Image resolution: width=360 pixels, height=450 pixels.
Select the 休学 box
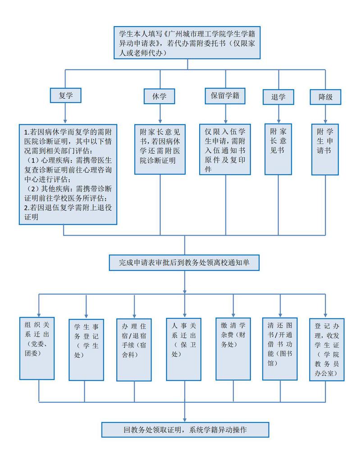pos(160,96)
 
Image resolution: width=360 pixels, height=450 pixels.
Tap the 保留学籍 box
pos(224,96)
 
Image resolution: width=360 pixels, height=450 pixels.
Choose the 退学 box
pos(278,97)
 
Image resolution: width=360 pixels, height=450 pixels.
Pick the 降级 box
pos(325,96)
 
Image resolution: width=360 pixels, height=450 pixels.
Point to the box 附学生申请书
pos(325,149)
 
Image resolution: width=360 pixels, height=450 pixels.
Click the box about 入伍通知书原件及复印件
pos(224,149)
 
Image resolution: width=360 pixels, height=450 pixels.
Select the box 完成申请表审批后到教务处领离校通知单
pos(184,263)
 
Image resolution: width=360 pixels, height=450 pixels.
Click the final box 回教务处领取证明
pos(185,430)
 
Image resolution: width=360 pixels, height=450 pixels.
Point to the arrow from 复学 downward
pos(66,113)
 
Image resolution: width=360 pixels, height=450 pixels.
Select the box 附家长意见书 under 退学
pos(278,149)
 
